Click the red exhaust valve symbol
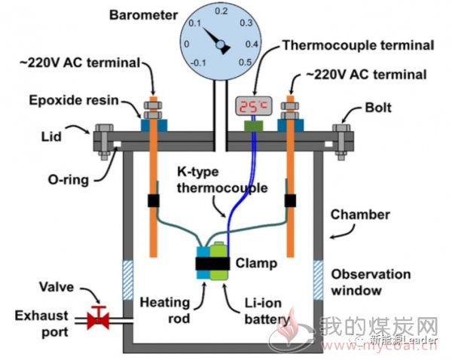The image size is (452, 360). pos(98,318)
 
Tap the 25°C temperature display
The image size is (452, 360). pos(254,105)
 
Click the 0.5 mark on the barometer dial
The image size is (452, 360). pos(245,62)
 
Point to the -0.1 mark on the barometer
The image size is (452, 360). pos(198,63)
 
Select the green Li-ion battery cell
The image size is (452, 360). pos(219,261)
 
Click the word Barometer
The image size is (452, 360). pos(143,15)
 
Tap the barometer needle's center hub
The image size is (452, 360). pos(220,44)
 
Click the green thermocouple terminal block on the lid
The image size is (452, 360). pos(254,127)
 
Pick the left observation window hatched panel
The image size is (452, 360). pos(128,280)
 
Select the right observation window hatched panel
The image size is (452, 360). pos(318,280)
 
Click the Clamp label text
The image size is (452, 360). pos(256,263)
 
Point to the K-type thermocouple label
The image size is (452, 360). pos(222,180)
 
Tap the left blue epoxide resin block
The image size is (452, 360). pos(154,125)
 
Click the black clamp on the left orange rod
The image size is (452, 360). pos(154,200)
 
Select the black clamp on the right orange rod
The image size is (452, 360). pos(290,200)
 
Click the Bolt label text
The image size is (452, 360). pos(378,108)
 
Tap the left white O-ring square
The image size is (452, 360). pos(118,144)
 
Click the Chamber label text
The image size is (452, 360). pos(360,215)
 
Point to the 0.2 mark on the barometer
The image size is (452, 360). pos(221,11)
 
